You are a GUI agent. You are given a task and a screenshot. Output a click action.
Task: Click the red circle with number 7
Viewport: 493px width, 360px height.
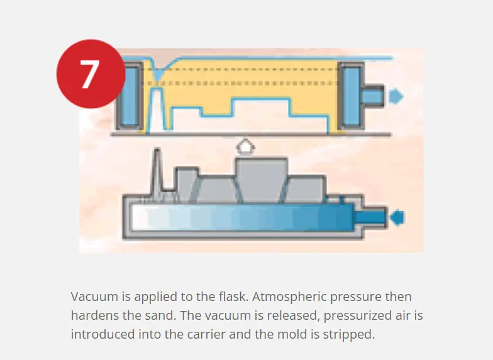(91, 74)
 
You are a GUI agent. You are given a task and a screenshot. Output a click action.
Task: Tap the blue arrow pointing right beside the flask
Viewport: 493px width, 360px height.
(396, 96)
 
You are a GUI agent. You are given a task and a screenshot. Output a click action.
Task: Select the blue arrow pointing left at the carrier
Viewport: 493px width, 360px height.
(397, 217)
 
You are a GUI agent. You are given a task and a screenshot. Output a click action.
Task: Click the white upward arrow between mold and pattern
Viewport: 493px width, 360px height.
(245, 147)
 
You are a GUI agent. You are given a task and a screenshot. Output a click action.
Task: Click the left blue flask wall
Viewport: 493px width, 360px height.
(130, 96)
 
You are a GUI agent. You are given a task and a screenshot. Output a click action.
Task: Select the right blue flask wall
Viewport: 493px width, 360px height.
(352, 96)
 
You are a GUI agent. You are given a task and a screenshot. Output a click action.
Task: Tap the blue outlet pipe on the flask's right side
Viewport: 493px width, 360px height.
(372, 96)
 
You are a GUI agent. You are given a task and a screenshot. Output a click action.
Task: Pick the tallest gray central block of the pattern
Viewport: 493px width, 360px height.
(262, 180)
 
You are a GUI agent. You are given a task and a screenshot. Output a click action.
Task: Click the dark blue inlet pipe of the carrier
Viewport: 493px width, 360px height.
(370, 217)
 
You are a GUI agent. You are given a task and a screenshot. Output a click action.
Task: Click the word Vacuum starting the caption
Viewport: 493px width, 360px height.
(94, 297)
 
